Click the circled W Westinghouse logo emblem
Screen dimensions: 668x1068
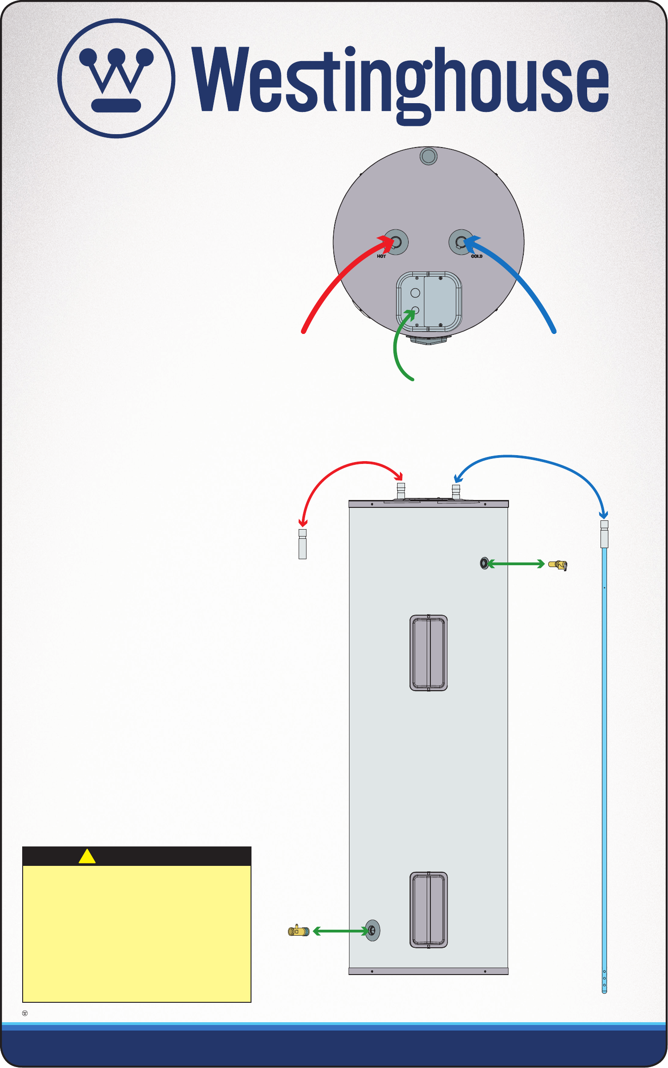[x=116, y=78]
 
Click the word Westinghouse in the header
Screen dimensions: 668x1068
[x=400, y=81]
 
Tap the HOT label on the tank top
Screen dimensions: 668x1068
[x=381, y=256]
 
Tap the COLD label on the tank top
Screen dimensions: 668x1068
[x=477, y=256]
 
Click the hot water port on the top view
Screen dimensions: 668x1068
[x=396, y=241]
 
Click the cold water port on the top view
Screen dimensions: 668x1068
[x=461, y=241]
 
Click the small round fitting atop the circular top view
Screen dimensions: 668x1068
[x=429, y=156]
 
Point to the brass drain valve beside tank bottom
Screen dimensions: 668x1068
[x=299, y=931]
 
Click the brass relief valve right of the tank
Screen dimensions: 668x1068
[x=558, y=565]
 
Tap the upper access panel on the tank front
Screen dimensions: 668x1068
[x=429, y=653]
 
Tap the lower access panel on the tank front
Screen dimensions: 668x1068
[x=429, y=910]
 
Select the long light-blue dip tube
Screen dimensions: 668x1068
[x=604, y=786]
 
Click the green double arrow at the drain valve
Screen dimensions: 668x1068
[x=340, y=931]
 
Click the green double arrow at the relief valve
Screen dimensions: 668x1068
[x=516, y=564]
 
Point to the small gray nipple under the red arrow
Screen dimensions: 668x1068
[x=303, y=544]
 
